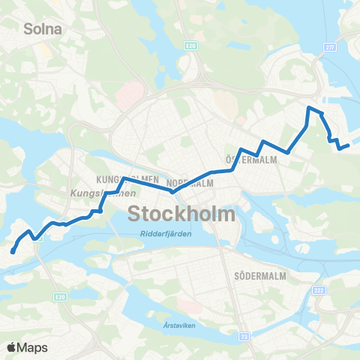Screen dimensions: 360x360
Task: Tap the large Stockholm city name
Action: (182, 214)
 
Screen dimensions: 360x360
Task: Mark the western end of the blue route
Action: (13, 251)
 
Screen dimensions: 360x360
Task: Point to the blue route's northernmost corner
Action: (308, 109)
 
